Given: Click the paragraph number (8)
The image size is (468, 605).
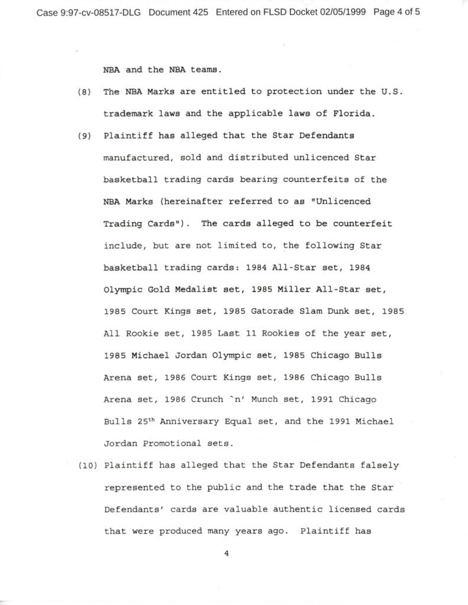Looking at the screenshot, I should click(x=84, y=92).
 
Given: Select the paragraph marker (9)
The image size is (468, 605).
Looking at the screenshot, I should click(x=84, y=135).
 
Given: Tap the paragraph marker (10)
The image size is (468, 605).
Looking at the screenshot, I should click(x=86, y=465).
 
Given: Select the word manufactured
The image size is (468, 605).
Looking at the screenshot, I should click(x=135, y=158).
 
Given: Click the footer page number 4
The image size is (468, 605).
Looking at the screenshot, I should click(x=226, y=554).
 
